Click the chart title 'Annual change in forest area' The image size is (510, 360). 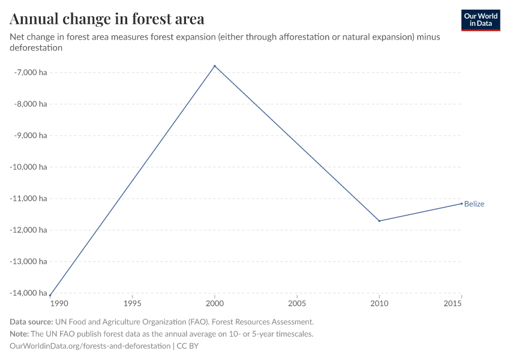[107, 19]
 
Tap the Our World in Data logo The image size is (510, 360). [480, 20]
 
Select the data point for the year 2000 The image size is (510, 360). [215, 66]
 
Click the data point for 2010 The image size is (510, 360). [379, 221]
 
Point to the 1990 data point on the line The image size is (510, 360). [50, 295]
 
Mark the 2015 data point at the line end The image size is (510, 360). [461, 203]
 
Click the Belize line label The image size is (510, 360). [474, 204]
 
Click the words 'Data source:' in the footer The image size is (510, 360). [31, 322]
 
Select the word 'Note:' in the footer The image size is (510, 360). [20, 334]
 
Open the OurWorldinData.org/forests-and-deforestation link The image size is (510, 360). [90, 346]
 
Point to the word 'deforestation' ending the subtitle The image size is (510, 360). [37, 47]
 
